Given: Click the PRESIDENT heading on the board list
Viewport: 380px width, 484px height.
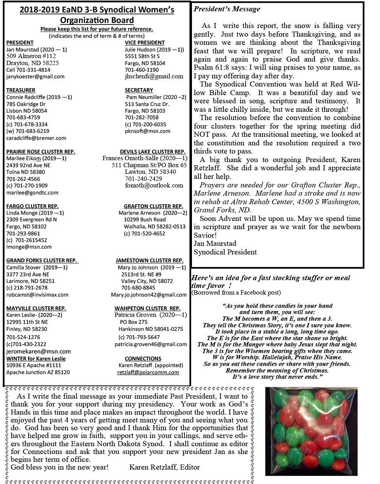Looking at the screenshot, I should [20, 42].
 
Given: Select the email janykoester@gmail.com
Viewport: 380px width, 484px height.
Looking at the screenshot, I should [35, 77].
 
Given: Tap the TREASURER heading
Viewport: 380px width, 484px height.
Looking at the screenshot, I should [21, 90].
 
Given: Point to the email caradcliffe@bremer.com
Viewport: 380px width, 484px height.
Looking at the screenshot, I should [36, 138].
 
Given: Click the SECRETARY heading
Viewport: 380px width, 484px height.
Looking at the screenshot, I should [139, 90].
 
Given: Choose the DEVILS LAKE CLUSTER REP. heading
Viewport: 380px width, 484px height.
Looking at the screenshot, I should [152, 152].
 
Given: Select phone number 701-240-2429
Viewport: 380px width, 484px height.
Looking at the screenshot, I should [143, 178].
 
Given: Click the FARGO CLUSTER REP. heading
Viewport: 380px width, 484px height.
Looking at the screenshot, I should [32, 206].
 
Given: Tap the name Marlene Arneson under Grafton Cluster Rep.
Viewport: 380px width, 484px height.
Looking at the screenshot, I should [139, 213].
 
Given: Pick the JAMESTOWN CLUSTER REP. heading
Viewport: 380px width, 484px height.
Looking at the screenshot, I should [149, 260].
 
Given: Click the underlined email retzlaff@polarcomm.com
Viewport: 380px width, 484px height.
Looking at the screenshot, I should [148, 372].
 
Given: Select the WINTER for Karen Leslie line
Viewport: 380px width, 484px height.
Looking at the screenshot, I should [36, 359].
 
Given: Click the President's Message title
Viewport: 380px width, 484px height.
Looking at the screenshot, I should [227, 9].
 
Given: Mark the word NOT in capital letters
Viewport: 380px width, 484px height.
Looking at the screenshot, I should [202, 134].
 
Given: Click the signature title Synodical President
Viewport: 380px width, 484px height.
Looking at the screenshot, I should [225, 252].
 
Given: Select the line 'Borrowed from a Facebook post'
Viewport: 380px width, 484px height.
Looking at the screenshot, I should [236, 293].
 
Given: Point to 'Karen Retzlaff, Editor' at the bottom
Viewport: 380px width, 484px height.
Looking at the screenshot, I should [164, 467].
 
